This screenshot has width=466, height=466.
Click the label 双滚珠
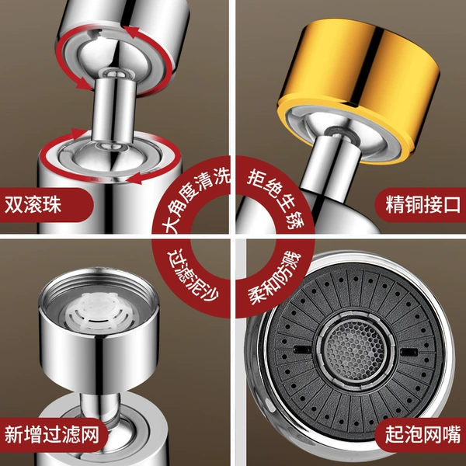tap(33, 204)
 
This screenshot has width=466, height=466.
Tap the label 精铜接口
tap(423, 204)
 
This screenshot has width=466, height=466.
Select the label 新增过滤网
tap(52, 434)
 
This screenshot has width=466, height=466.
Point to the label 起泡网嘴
tap(423, 434)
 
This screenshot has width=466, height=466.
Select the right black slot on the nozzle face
tap(409, 353)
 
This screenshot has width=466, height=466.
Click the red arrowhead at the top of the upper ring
tap(130, 32)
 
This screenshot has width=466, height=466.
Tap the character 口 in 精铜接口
tap(451, 204)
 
